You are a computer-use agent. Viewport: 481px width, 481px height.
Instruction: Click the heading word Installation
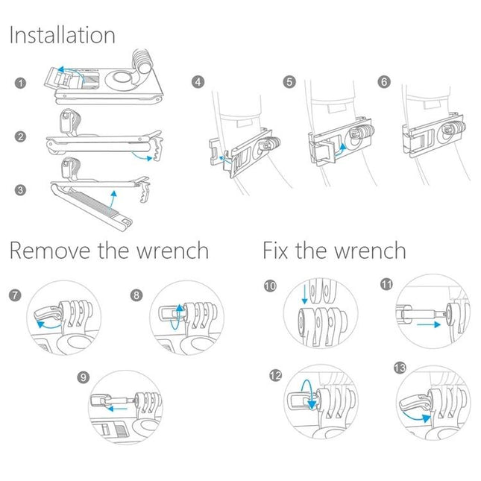[62, 35]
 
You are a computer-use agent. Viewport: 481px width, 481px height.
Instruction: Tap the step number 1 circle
[20, 83]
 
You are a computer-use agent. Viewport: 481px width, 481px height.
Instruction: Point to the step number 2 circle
[20, 136]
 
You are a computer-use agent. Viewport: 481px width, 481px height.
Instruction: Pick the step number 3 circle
[20, 191]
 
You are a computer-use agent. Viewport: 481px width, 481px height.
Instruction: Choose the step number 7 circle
[16, 295]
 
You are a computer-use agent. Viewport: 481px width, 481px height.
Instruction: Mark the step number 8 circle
[136, 295]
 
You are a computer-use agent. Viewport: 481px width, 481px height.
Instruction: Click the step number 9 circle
[82, 377]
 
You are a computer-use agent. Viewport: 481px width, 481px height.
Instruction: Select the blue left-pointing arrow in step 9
[117, 409]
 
